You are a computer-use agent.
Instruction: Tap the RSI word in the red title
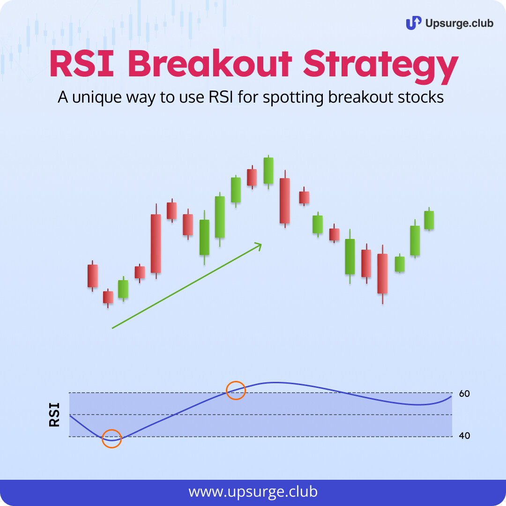coord(82,63)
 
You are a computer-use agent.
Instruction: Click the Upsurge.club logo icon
coord(413,23)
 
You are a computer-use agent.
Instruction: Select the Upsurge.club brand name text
coord(459,23)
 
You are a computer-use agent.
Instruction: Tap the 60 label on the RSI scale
coord(464,394)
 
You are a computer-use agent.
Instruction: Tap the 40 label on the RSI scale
coord(464,436)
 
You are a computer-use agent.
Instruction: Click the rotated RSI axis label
coord(54,415)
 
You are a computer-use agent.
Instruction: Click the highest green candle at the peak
coord(268,171)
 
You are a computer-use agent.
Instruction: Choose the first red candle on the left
coord(93,275)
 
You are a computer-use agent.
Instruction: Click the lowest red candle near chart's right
coord(382,274)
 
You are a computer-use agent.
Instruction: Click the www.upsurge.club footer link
coord(253,492)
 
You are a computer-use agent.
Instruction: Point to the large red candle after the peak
coord(285,201)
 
